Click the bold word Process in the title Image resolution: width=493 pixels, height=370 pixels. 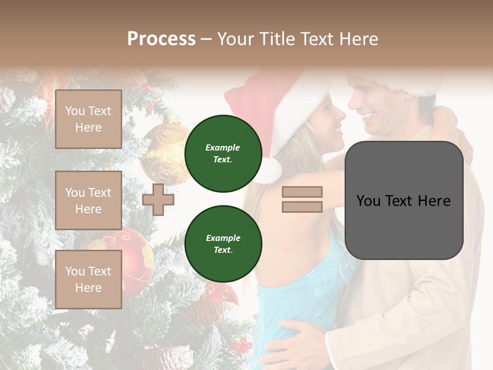pyautogui.click(x=161, y=39)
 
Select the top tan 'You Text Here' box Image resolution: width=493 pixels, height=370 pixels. pyautogui.click(x=88, y=119)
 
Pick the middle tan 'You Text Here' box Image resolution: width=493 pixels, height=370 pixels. pyautogui.click(x=88, y=200)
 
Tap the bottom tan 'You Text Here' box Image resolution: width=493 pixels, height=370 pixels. pyautogui.click(x=88, y=279)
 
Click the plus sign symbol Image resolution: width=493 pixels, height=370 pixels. pyautogui.click(x=158, y=199)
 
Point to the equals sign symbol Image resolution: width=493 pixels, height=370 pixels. pyautogui.click(x=302, y=199)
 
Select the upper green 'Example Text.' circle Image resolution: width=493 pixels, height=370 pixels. pyautogui.click(x=223, y=153)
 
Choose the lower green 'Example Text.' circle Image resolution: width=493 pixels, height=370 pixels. pyautogui.click(x=223, y=244)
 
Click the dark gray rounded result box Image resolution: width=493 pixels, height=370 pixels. pyautogui.click(x=404, y=200)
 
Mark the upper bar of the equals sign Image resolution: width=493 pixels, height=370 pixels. pyautogui.click(x=302, y=192)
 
